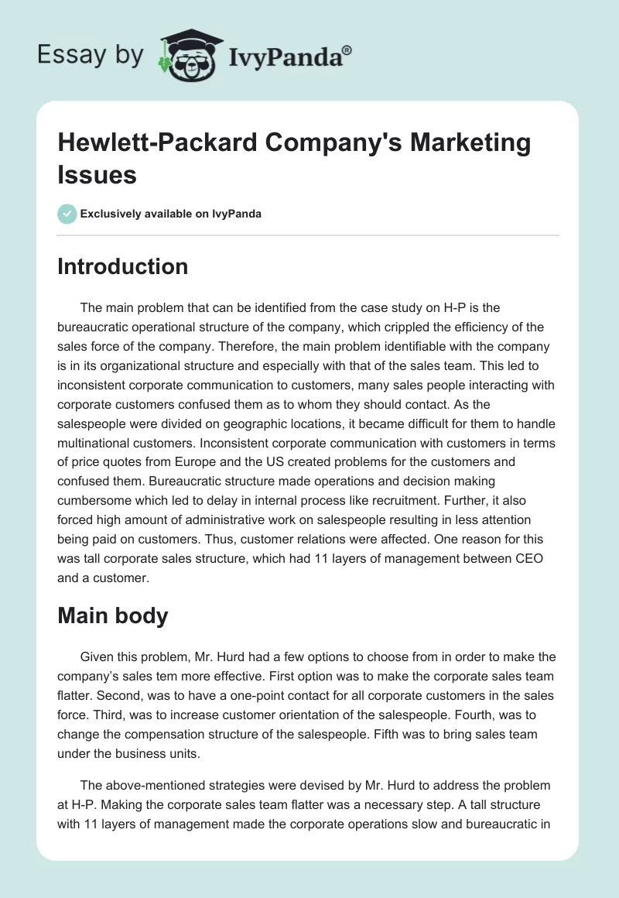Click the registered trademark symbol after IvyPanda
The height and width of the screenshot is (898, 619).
coord(347,50)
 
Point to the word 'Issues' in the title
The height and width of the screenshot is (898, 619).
coord(97,174)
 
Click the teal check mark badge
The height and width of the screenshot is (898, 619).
coord(67,214)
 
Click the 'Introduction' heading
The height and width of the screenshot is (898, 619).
coord(122,266)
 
